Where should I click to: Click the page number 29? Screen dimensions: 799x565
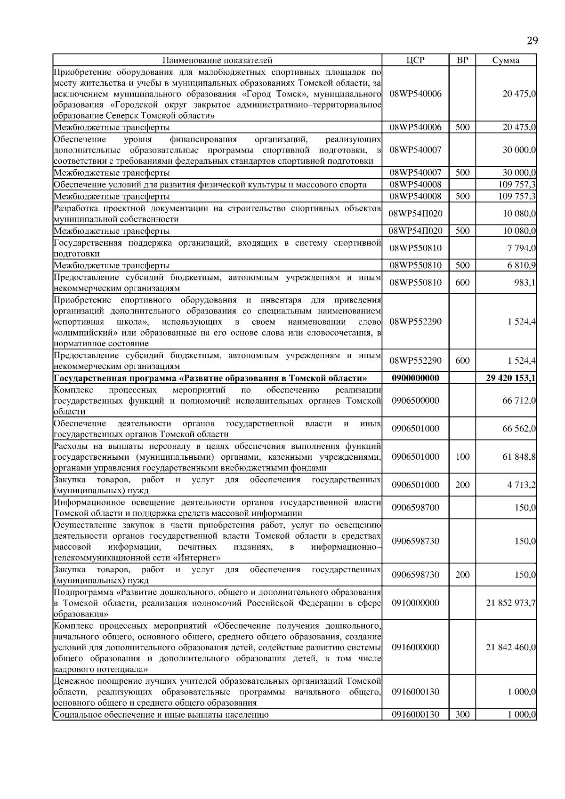[x=532, y=40]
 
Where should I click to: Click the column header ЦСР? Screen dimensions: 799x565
[x=415, y=60]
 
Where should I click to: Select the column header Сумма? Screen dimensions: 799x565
[x=506, y=60]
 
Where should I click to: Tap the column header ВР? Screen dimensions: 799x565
[x=462, y=60]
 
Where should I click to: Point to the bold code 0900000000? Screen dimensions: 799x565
[x=415, y=378]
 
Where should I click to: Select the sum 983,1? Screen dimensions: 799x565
[x=525, y=283]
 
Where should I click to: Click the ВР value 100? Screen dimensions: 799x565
[x=462, y=456]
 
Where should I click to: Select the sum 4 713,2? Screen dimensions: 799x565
[x=521, y=485]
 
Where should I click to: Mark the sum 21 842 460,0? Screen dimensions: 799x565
[x=510, y=647]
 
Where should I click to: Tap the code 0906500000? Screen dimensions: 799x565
[x=415, y=401]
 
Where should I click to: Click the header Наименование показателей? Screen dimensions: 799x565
[x=217, y=60]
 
